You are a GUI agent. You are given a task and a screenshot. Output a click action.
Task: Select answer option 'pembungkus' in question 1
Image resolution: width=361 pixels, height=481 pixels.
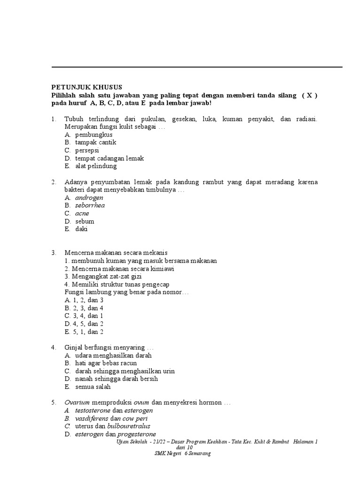point(94,134)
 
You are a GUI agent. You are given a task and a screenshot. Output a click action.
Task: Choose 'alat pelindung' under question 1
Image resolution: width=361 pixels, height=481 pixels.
point(96,166)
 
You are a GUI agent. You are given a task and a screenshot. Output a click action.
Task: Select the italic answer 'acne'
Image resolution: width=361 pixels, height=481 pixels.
point(82,213)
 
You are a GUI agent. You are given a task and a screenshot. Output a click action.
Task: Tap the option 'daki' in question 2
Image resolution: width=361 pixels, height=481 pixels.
point(81,229)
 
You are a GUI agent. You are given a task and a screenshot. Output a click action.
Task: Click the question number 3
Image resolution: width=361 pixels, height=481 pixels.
point(54,253)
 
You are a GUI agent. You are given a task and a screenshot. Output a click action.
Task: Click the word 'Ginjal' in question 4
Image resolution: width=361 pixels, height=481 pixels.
point(74,348)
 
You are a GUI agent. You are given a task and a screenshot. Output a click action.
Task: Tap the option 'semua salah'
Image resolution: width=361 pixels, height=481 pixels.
point(93,387)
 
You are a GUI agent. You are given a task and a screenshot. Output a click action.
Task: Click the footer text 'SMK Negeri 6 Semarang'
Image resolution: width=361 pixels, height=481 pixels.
point(182,454)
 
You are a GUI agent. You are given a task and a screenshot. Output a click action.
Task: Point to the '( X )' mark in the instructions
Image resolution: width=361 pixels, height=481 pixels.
point(309,95)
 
